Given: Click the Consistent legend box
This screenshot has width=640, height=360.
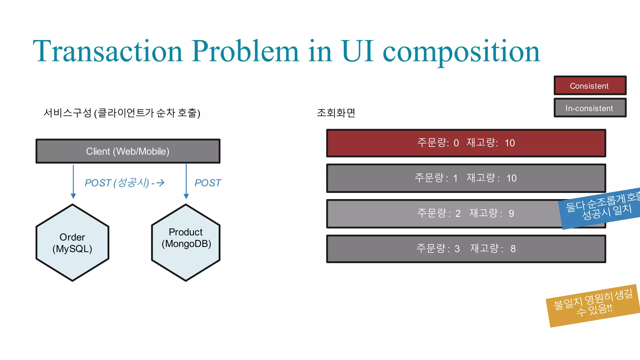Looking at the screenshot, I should coord(590,86).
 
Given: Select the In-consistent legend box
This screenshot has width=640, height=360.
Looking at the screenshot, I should coord(590,108).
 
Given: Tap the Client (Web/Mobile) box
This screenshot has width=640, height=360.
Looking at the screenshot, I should coord(128,151).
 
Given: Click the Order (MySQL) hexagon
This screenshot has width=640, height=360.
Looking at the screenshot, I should coord(72,243).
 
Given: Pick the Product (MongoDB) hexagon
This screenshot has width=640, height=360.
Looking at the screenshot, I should coord(186,243).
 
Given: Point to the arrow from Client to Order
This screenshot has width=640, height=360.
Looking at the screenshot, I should coord(73,181).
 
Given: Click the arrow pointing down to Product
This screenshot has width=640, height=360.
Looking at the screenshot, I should coord(186,181).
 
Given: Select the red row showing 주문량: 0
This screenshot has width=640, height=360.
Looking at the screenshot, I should coord(466,143).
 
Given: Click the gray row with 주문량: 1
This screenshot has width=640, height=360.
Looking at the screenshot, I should coord(466,178).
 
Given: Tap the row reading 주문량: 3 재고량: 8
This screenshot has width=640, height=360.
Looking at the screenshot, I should coord(466,249).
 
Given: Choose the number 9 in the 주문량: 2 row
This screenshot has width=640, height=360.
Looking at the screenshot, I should coord(511,213).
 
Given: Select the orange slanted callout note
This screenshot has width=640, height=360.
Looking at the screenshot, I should coord(593,305).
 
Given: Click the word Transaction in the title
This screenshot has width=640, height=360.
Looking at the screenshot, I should coord(108,51).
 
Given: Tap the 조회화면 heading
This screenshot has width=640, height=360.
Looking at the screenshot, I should coord(336,113).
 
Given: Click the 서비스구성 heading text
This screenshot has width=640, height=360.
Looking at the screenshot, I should coord(67,113).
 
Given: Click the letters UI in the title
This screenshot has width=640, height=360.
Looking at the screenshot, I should coord(357,51).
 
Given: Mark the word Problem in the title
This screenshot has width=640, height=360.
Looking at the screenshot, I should coord(245,51).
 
